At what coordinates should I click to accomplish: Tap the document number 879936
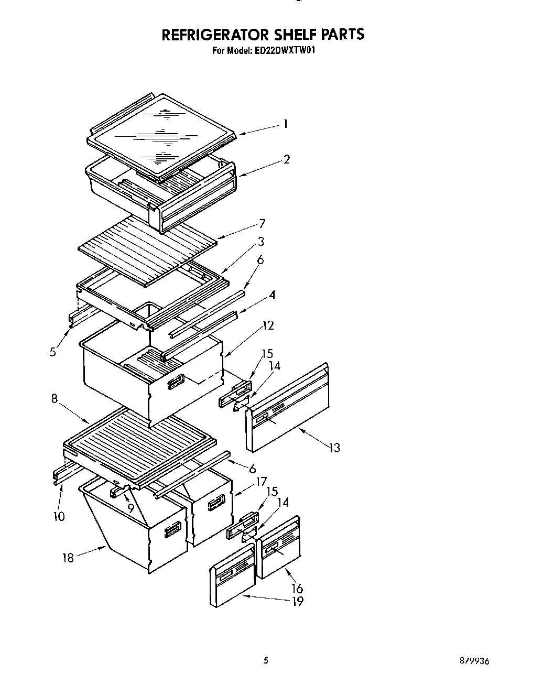point(474,661)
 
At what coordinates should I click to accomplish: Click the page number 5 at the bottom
point(266,661)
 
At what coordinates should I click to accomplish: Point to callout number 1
point(285,124)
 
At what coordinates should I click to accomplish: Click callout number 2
point(286,159)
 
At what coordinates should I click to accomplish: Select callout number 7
point(262,224)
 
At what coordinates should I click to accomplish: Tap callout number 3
point(260,242)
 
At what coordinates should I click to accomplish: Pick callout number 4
point(272,295)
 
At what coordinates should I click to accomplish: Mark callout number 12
point(268,325)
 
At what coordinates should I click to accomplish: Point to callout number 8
point(55,398)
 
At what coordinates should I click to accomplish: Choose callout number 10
point(59,516)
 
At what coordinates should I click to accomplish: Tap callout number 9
point(131,508)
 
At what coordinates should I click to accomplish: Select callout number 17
point(260,481)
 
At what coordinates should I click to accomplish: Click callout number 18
point(68,558)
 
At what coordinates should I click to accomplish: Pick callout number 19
point(298,601)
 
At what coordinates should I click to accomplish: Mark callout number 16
point(297,589)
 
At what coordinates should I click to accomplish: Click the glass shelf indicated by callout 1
point(162,134)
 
